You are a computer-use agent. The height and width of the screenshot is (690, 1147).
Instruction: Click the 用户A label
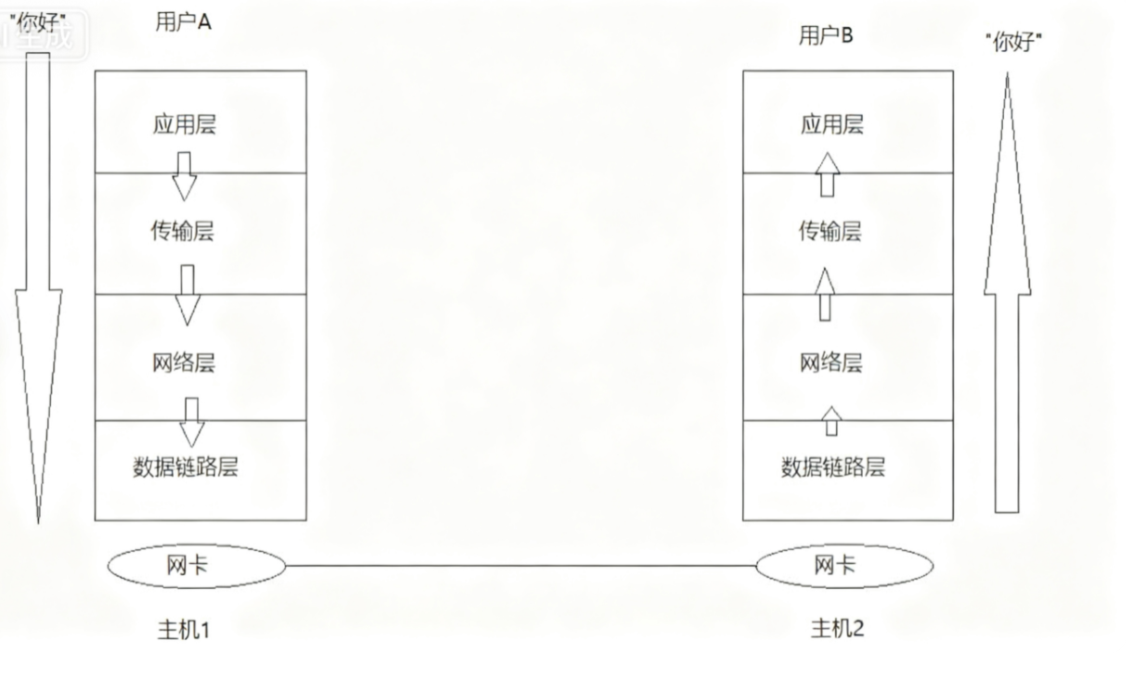pos(183,23)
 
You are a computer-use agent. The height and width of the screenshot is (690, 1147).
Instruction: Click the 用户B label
pos(826,36)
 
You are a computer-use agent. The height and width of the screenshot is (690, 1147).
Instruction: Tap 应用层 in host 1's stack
pos(185,124)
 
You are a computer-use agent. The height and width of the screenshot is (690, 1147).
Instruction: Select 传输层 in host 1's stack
pos(183,231)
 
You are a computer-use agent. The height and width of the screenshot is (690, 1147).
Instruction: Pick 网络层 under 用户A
pos(184,363)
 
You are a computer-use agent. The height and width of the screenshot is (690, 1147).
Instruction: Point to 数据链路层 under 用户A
pos(186,466)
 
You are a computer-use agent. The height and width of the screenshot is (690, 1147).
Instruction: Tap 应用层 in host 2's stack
pos(832,124)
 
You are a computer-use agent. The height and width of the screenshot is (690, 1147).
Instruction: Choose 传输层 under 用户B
pos(831,231)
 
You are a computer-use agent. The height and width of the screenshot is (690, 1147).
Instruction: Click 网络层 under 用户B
pos(831,363)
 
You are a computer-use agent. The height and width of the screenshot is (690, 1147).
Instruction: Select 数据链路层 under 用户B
pos(833,466)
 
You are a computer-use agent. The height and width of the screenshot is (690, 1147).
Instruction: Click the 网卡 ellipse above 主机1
pos(196,566)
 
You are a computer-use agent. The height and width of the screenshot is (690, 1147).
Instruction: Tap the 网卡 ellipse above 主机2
pos(844,566)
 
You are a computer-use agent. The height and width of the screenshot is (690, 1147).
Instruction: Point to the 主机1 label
pos(184,631)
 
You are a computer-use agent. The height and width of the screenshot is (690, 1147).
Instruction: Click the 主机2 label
pos(838,628)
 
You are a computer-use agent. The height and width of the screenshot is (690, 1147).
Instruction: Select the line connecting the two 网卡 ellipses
pos(520,566)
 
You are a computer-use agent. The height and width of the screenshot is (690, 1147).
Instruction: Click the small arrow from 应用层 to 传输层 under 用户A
pos(185,175)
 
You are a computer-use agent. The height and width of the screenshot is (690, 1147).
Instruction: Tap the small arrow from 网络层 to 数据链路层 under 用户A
pos(192,422)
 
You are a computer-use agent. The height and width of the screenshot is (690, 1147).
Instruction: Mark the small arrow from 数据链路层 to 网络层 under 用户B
pos(831,421)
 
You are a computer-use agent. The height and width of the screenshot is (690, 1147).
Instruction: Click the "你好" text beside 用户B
pos(1012,43)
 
